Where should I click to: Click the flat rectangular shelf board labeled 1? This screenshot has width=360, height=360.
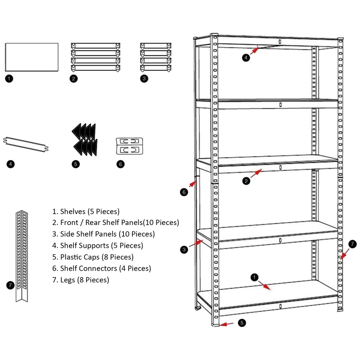coord(32,57)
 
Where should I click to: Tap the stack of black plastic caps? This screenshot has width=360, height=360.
coord(84,139)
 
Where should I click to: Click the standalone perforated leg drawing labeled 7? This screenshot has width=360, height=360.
coord(22,255)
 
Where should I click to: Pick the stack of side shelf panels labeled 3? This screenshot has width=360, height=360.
coord(156,57)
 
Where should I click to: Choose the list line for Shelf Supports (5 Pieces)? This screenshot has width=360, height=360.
coord(97,246)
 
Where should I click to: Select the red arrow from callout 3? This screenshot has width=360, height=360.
coord(195,244)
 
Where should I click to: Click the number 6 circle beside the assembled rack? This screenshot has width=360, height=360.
coord(183,192)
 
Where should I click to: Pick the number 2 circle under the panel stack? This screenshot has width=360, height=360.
coord(74,78)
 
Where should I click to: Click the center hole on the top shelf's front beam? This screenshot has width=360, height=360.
coord(280,41)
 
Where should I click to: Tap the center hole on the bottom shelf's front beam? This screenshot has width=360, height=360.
coord(280,306)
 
